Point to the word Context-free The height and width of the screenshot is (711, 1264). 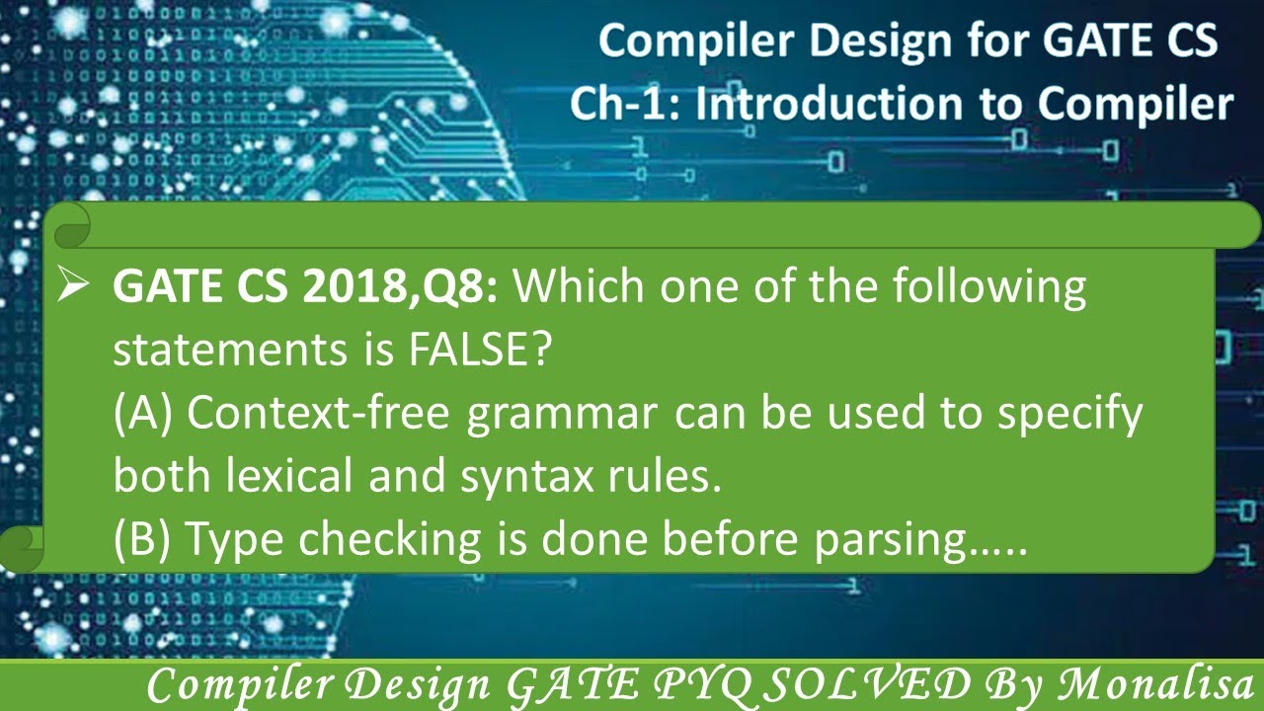point(320,414)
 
